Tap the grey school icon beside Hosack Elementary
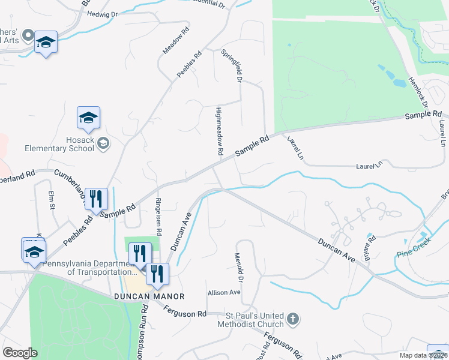(103, 143)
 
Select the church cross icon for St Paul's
(292, 319)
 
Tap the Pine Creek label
(414, 254)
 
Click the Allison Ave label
(224, 292)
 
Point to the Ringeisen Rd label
(158, 216)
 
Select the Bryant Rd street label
(369, 248)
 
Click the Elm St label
(52, 200)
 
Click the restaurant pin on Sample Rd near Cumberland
(96, 199)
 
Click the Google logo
(20, 352)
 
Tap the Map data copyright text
(423, 355)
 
